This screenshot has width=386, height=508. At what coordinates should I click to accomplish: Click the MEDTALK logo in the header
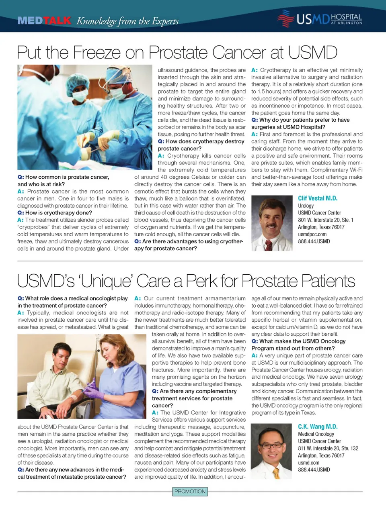coord(44,20)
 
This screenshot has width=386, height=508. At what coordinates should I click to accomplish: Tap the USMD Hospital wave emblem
coord(285,18)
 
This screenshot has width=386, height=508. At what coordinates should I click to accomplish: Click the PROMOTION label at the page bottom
coord(190,491)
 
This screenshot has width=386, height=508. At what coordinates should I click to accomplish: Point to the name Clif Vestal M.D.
coord(318,198)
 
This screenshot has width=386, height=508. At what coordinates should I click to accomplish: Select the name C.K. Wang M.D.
coord(318,426)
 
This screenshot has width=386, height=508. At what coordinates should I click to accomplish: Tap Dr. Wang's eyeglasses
coord(273,445)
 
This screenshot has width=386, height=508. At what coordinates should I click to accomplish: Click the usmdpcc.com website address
coord(312,234)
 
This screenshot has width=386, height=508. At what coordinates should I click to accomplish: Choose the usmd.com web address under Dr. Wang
coord(309,463)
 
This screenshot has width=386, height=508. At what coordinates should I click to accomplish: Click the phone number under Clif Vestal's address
coord(314,241)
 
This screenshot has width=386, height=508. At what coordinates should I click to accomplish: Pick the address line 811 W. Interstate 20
coord(328,448)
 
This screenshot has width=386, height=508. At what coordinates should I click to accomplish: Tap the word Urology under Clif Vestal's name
coord(306,206)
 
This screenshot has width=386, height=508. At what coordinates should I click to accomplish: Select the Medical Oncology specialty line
coord(316,434)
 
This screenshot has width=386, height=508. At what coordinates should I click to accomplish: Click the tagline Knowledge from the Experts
coord(127,21)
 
